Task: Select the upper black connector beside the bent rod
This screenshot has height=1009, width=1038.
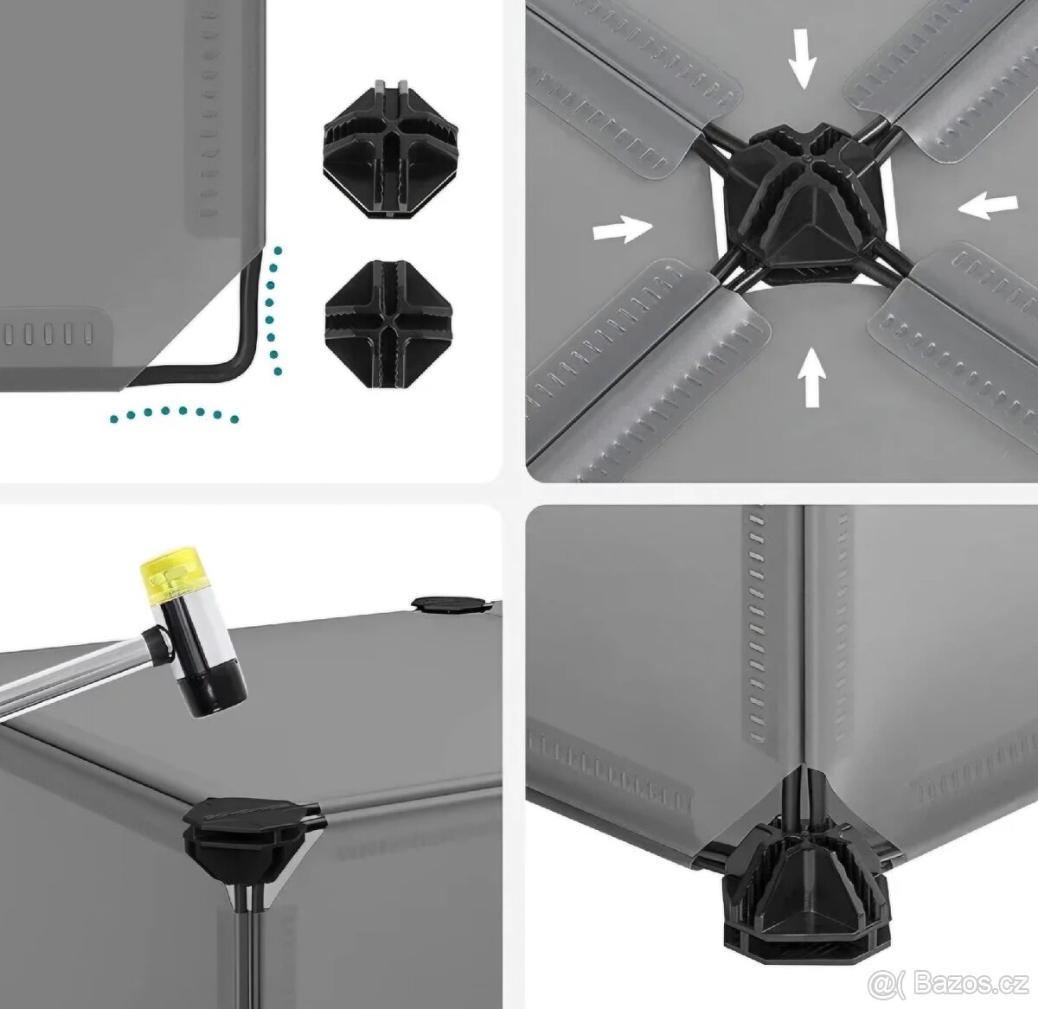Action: [x=390, y=150]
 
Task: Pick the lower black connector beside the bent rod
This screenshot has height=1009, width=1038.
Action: [x=391, y=325]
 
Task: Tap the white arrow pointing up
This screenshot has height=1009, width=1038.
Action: [x=812, y=376]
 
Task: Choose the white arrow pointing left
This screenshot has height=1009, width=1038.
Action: [x=988, y=208]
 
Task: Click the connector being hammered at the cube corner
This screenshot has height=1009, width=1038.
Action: [x=252, y=829]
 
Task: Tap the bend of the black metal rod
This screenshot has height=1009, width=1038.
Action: [x=243, y=361]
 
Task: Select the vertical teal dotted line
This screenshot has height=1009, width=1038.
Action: [x=273, y=310]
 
